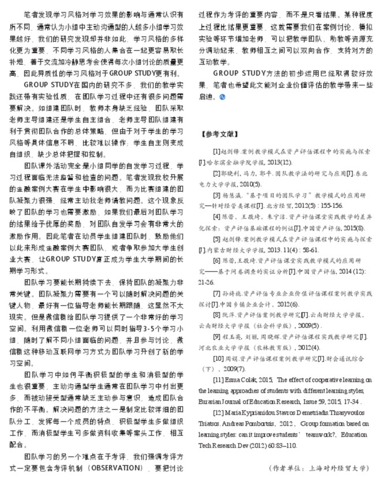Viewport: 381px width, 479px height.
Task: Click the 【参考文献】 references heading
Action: (219, 133)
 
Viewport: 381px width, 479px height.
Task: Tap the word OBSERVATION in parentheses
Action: (122, 466)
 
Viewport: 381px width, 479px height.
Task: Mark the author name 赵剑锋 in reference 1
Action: (236, 151)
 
